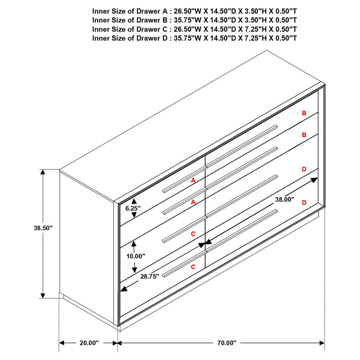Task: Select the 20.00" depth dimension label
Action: coord(89,343)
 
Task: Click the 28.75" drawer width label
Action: coord(150,276)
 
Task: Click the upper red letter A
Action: coord(193,181)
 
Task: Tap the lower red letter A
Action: coord(193,203)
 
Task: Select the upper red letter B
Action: coord(304,113)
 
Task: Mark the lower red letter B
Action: coord(304,135)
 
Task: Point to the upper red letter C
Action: coord(193,234)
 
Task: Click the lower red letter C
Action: coord(193,267)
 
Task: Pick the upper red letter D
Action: coord(304,169)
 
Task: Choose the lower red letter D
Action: coord(304,203)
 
